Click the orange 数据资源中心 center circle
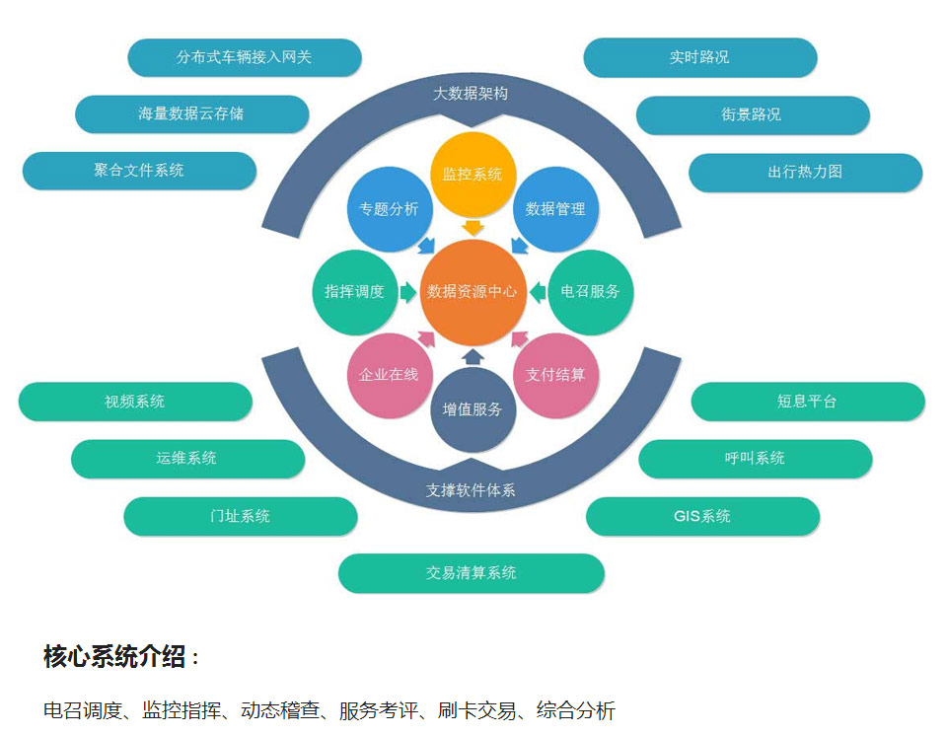click(x=472, y=292)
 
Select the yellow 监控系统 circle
click(x=473, y=175)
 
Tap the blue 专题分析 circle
click(x=389, y=209)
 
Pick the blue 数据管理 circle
click(x=555, y=209)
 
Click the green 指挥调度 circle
click(x=354, y=292)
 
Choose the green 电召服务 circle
click(x=590, y=292)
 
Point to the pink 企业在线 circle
click(x=389, y=375)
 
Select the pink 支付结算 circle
click(x=555, y=375)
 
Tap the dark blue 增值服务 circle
click(x=473, y=409)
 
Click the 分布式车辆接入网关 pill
click(x=244, y=57)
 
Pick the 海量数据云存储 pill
click(x=191, y=114)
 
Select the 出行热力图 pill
click(x=805, y=172)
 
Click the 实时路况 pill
click(x=699, y=57)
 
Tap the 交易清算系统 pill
click(x=472, y=573)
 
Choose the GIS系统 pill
click(x=702, y=516)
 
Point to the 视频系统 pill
click(x=135, y=402)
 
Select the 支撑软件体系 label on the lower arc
click(x=472, y=490)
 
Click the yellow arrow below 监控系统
click(x=473, y=228)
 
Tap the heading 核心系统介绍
click(x=115, y=657)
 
